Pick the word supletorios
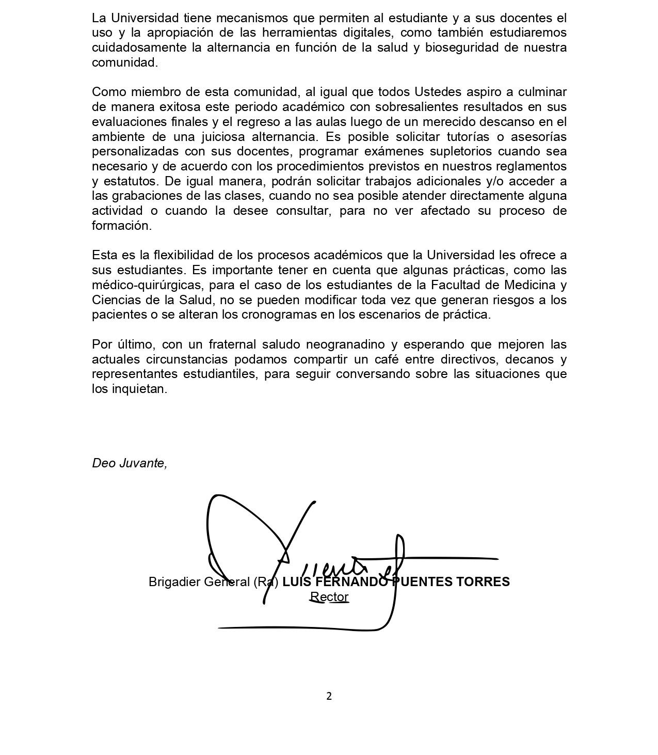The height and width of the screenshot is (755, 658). click(448, 151)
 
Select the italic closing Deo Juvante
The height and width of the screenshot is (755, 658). click(129, 463)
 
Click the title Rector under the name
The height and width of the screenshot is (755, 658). click(329, 597)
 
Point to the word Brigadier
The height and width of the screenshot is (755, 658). click(173, 582)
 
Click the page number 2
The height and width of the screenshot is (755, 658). click(329, 696)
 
